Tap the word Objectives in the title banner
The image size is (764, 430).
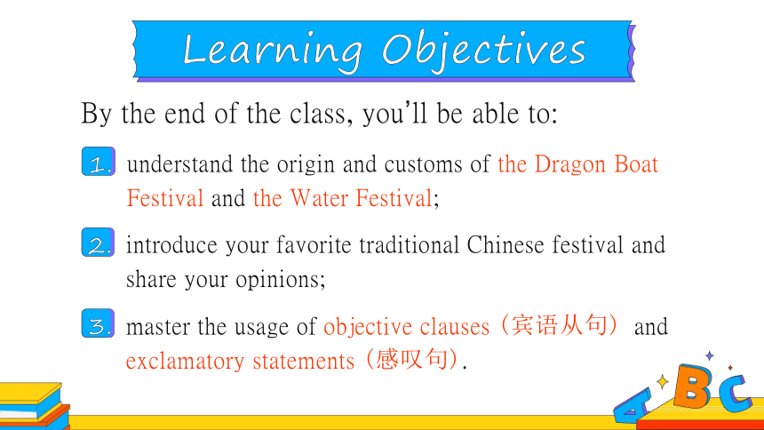click(x=484, y=51)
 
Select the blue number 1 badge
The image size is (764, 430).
click(x=99, y=162)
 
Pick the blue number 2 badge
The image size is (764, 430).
click(x=98, y=243)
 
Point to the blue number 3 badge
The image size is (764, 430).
click(x=98, y=323)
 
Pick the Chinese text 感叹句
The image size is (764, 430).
click(x=411, y=359)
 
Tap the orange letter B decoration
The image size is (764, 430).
click(x=692, y=386)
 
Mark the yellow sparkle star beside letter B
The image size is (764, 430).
click(x=663, y=382)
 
